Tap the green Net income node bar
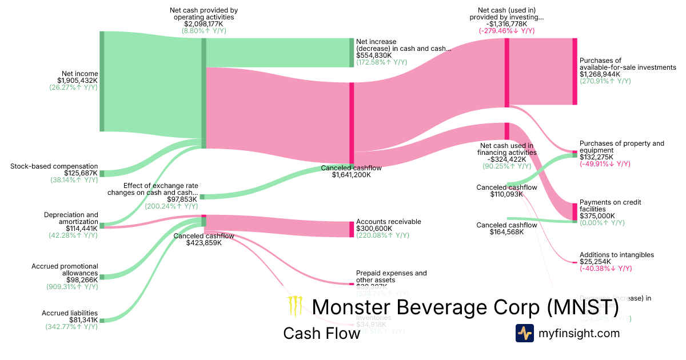[102, 81]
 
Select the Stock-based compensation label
[54, 166]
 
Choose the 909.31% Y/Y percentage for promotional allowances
[72, 287]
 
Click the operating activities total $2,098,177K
[204, 24]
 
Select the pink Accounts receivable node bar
[352, 229]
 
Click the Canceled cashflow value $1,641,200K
[351, 175]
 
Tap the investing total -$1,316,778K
[506, 24]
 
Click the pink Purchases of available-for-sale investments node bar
[575, 71]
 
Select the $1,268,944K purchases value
[604, 74]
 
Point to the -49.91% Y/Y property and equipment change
[605, 164]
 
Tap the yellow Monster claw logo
[295, 307]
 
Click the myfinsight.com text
[579, 333]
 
